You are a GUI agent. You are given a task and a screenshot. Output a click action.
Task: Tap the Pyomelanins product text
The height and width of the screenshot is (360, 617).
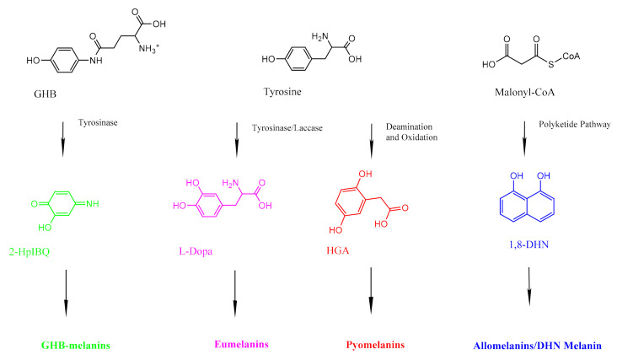tap(373, 345)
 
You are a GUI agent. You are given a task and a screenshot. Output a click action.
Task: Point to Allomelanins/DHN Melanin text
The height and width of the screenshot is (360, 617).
tap(537, 345)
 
